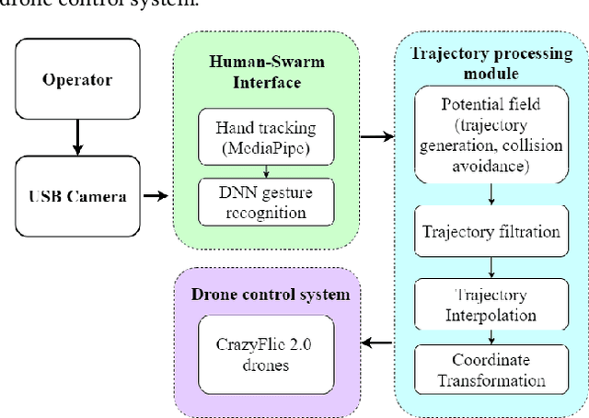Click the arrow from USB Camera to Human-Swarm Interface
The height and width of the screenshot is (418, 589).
pos(156,195)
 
